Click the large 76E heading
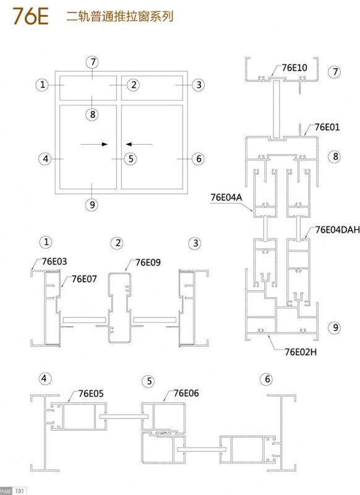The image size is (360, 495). [x=30, y=16]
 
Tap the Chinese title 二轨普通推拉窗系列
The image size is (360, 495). [x=119, y=16]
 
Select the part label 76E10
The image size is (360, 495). [x=294, y=67]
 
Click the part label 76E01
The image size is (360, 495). [x=327, y=127]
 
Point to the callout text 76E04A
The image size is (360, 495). [x=226, y=197]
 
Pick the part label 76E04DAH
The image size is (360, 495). [x=338, y=230]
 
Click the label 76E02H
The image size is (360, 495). [x=301, y=351]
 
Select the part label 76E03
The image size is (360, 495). [x=54, y=261]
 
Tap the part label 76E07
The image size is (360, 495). [x=84, y=279]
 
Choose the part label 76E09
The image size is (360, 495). [x=148, y=262]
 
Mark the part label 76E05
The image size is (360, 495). [x=91, y=394]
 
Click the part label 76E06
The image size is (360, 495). [x=186, y=393]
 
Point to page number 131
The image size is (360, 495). [x=19, y=491]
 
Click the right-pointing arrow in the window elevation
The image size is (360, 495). [x=94, y=144]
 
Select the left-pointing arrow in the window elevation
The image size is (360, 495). [x=139, y=144]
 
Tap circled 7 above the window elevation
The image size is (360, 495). [x=92, y=62]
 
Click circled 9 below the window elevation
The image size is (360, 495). [x=92, y=205]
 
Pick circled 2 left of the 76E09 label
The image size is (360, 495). [x=118, y=243]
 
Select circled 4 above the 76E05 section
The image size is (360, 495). [x=45, y=378]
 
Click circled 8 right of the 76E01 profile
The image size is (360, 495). [x=335, y=157]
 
